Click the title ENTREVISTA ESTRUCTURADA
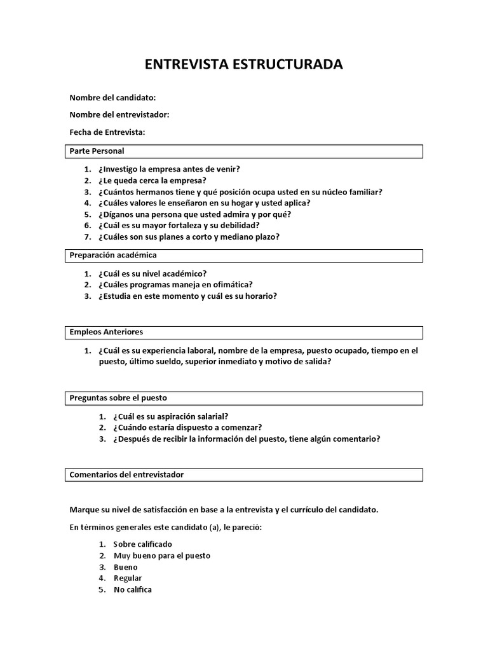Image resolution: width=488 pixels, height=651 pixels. tap(243, 64)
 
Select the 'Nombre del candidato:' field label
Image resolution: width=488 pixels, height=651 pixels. tap(112, 97)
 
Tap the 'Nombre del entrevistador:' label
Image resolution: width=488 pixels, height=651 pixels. tap(119, 114)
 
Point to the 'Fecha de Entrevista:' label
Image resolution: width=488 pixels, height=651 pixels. tap(107, 132)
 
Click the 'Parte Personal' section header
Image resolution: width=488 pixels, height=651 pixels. tap(97, 151)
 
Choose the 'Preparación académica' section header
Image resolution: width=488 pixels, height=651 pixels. tap(113, 255)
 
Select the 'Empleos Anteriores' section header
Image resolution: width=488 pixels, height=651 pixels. tap(106, 332)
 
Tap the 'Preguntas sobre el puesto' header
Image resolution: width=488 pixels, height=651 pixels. tap(118, 398)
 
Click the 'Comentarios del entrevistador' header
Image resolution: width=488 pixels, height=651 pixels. tap(126, 475)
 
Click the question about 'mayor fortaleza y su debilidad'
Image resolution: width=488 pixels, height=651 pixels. tap(179, 225)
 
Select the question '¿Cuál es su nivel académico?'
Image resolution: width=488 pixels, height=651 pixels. tap(152, 273)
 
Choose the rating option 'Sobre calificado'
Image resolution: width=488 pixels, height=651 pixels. tap(142, 544)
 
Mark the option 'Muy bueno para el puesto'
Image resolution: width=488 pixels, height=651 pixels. tap(161, 556)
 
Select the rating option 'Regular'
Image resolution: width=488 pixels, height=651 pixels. tap(128, 579)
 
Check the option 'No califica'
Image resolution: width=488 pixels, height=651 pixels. tap(132, 589)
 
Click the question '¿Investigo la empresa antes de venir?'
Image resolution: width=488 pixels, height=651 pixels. tap(169, 169)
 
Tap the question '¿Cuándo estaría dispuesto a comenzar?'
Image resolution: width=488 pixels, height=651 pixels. tap(187, 427)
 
